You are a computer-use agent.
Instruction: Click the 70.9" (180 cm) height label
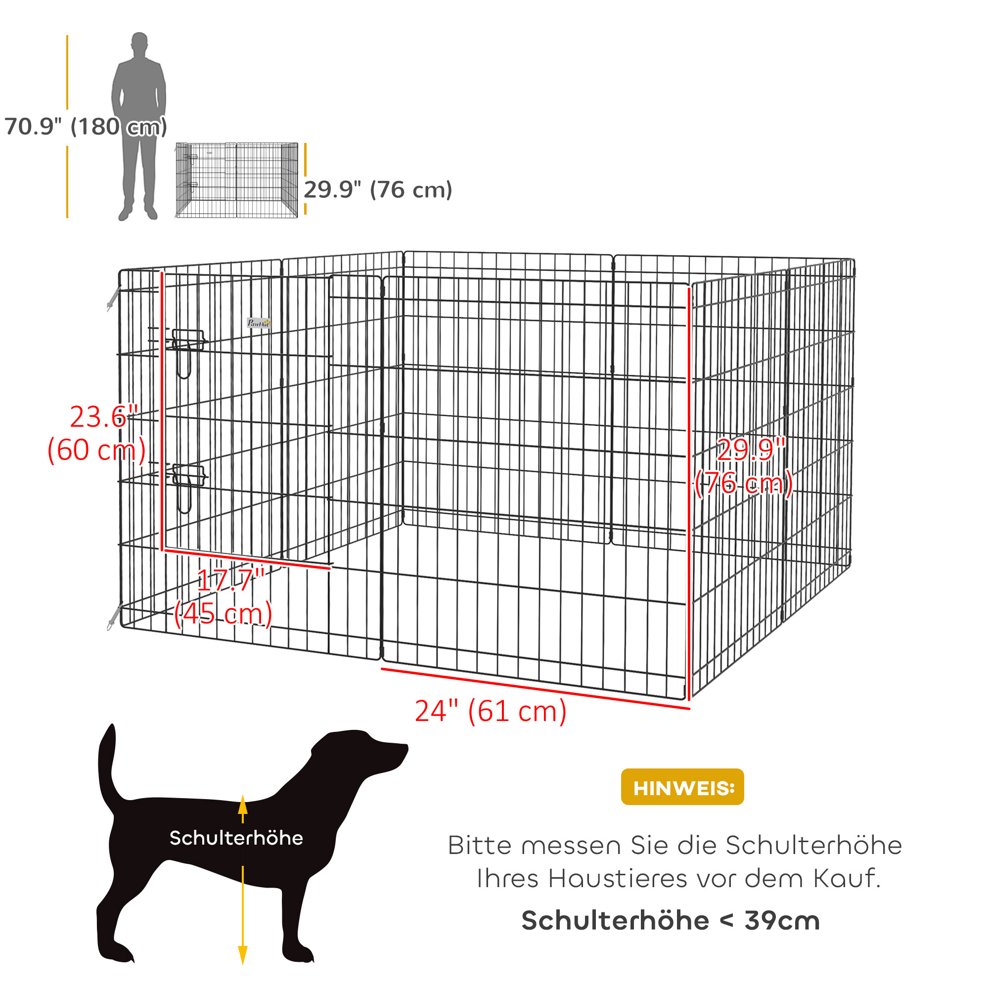coord(86,127)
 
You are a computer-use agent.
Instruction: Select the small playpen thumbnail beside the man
coord(236,180)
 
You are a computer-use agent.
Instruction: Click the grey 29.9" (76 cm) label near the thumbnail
coord(378,190)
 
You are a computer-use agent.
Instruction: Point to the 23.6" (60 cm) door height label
coord(97,434)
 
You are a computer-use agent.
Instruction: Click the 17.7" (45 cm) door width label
coord(224,597)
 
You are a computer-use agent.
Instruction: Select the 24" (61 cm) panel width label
coord(491,711)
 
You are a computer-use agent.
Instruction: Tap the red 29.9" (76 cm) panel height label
coord(744,466)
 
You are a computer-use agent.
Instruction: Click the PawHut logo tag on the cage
coord(259,323)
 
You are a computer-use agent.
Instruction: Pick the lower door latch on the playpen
coord(188,476)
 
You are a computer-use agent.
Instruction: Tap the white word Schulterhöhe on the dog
coord(236,838)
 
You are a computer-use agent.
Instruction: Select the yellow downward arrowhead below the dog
coord(243,955)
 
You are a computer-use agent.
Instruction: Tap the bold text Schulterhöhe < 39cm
coord(671,920)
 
